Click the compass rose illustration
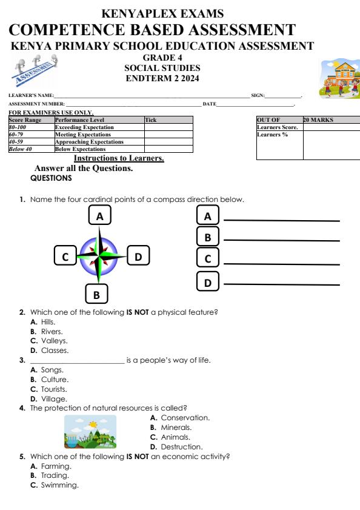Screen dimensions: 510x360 pyautogui.click(x=101, y=257)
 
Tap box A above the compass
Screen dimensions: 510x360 pyautogui.click(x=100, y=215)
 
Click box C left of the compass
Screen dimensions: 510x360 pyautogui.click(x=65, y=257)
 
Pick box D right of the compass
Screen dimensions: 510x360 pyautogui.click(x=138, y=257)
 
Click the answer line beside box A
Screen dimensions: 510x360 pyautogui.click(x=282, y=221)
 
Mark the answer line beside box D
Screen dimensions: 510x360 pyautogui.click(x=282, y=284)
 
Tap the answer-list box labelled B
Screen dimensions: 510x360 pyautogui.click(x=208, y=237)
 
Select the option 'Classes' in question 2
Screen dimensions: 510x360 pyautogui.click(x=54, y=351)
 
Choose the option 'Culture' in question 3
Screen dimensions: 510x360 pyautogui.click(x=54, y=380)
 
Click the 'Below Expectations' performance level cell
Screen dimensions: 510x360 pyautogui.click(x=80, y=149)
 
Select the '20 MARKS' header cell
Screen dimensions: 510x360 pyautogui.click(x=318, y=120)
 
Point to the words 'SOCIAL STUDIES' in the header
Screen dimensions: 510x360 pyautogui.click(x=162, y=69)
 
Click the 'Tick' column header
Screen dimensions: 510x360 pyautogui.click(x=152, y=120)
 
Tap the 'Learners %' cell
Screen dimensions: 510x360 pyautogui.click(x=272, y=135)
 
